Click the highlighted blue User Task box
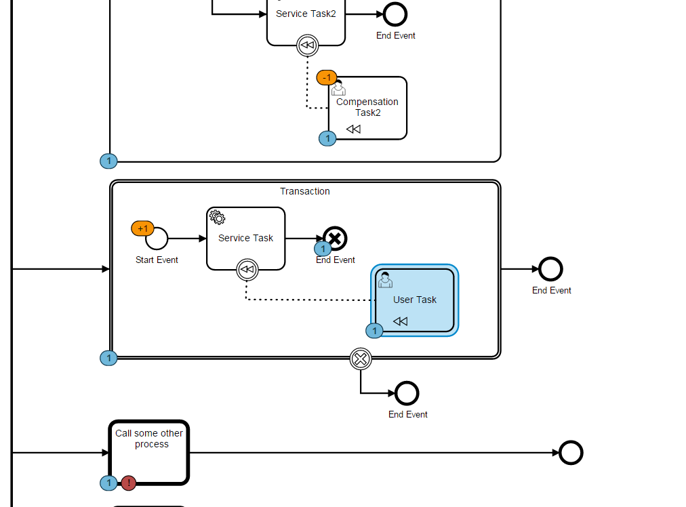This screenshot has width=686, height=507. coord(415,300)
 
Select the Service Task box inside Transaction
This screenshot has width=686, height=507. coord(245,238)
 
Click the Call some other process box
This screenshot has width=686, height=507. coord(149,453)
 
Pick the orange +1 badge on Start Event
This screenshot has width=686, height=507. coord(142,228)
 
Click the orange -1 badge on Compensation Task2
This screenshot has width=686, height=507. coord(327,77)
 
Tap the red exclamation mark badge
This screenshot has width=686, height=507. coord(127,483)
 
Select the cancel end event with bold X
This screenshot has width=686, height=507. coord(335,238)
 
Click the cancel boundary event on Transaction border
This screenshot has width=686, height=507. coord(361,359)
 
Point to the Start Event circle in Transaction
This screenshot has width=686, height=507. coord(157,239)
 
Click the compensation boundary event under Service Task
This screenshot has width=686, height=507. coord(247,270)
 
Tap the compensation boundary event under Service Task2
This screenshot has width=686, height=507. coord(307,45)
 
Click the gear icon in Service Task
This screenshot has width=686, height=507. coord(217,217)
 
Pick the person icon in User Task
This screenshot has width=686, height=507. coord(385,279)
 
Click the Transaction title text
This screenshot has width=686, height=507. coord(305,191)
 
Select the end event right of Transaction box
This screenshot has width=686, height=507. coord(551,269)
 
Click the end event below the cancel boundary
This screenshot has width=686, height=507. coord(407,393)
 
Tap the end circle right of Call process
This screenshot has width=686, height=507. coord(571,453)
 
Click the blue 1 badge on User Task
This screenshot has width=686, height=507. coord(374,331)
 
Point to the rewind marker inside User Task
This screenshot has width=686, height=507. coord(401,321)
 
